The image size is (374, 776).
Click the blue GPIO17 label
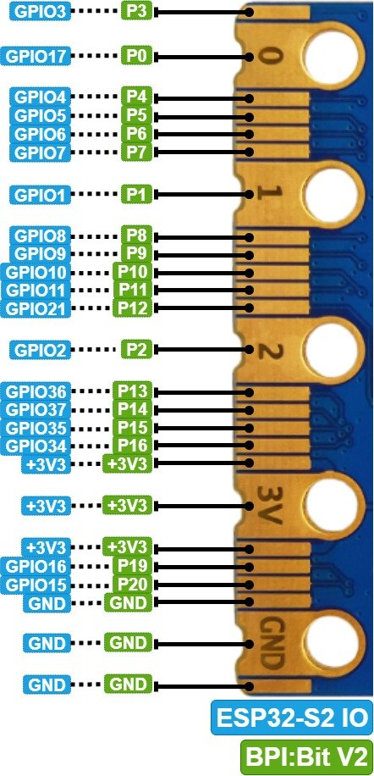(x=36, y=56)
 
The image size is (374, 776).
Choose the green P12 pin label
(x=132, y=308)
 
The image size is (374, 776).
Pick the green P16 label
(x=132, y=446)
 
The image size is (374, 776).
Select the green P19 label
(x=132, y=566)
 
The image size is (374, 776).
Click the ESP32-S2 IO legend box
(x=291, y=717)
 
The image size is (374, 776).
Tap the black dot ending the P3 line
(x=250, y=11)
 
